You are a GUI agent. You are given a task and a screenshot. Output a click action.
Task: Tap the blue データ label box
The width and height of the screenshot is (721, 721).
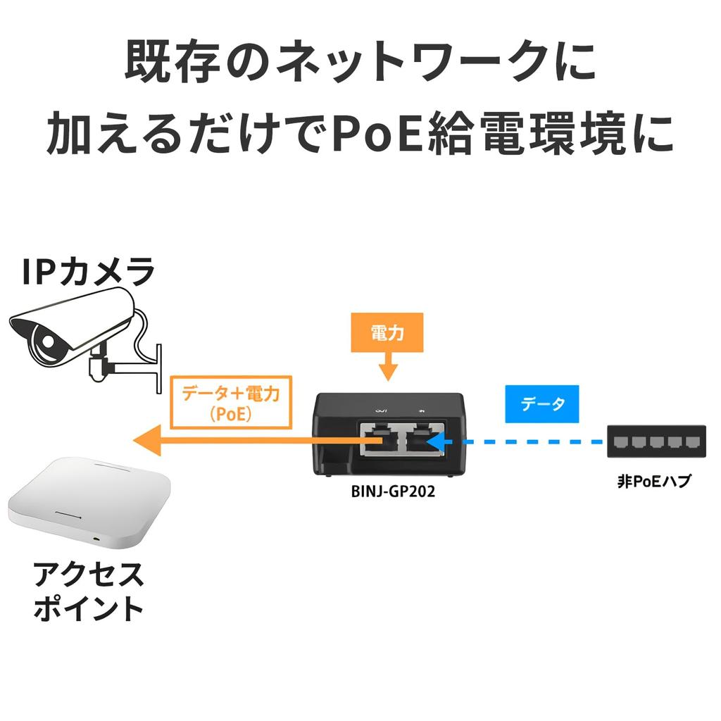(542, 403)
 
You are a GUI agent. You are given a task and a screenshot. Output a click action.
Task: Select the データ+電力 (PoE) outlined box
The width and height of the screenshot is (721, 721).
(231, 402)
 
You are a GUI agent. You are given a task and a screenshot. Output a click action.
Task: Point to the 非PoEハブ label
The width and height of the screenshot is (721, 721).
(654, 483)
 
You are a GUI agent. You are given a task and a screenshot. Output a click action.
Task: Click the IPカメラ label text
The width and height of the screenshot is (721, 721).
(87, 272)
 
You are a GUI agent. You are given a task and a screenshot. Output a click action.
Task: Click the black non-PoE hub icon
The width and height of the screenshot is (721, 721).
(656, 442)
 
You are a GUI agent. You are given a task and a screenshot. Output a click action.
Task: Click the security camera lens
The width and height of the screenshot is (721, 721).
(44, 344)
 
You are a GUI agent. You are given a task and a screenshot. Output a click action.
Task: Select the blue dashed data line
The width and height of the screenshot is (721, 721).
(528, 443)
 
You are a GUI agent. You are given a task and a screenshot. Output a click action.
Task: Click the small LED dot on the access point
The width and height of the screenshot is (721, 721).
(96, 539)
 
